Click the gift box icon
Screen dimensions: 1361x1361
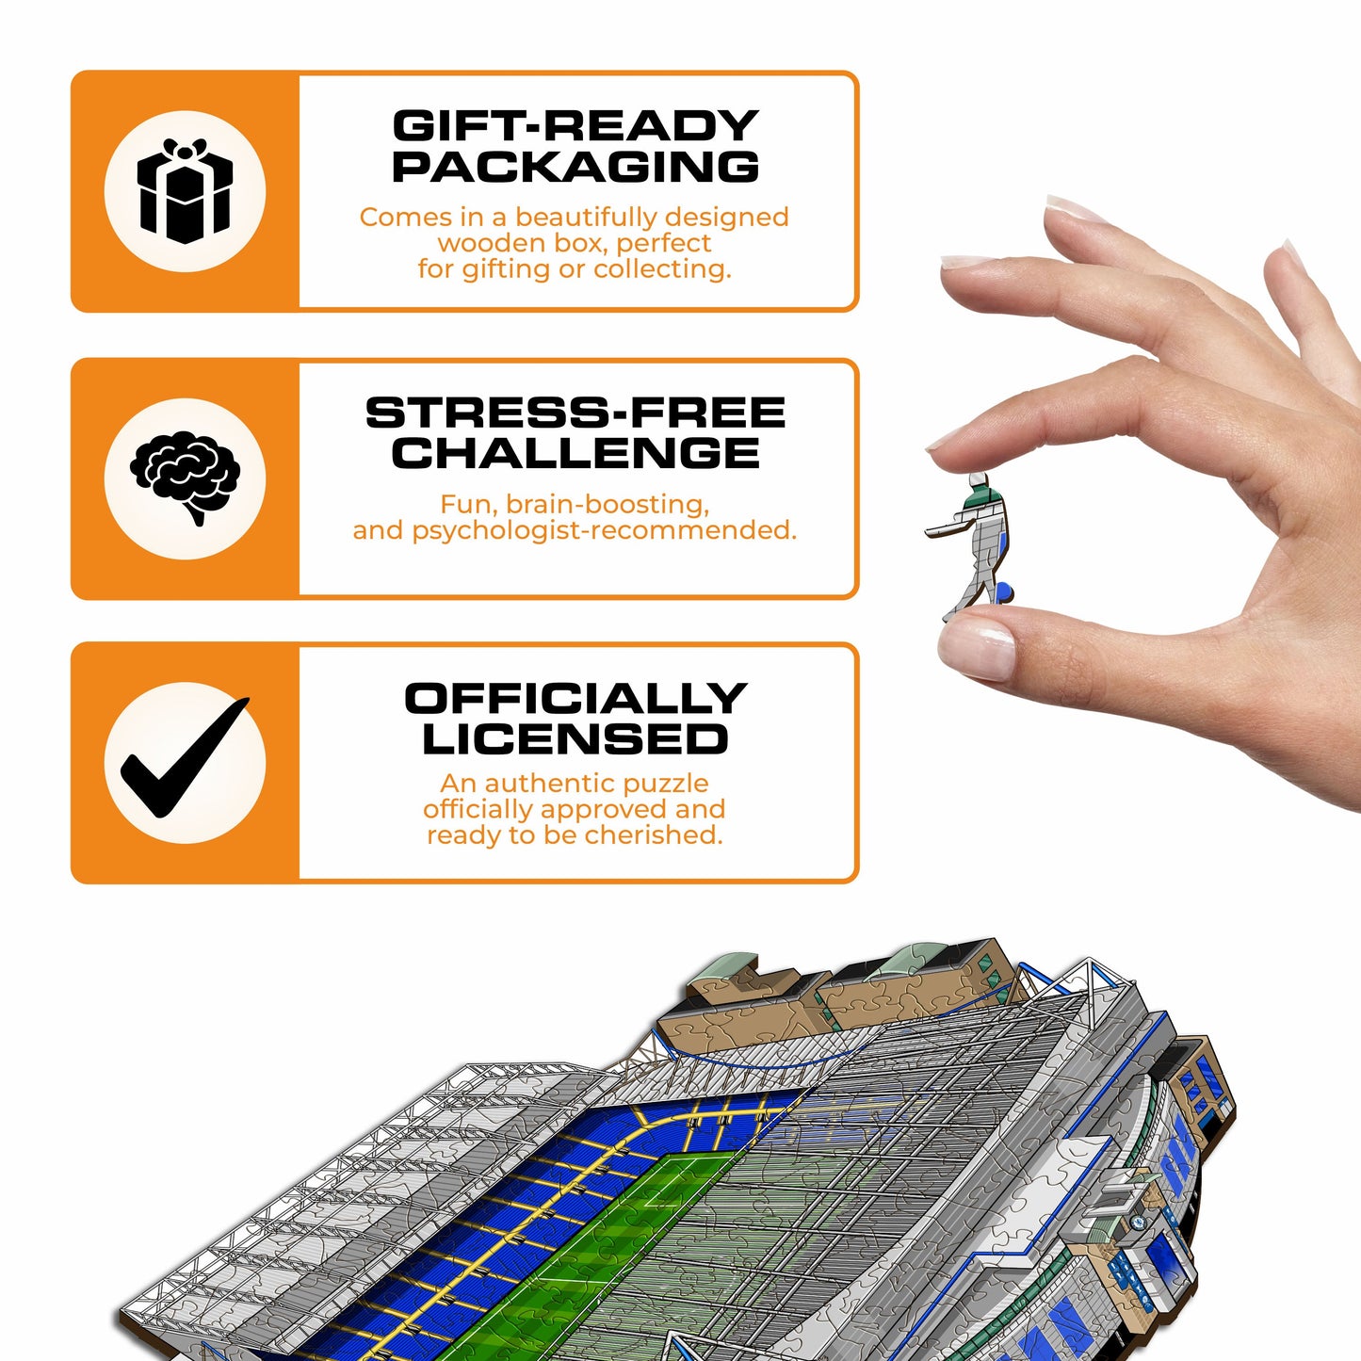coord(185,191)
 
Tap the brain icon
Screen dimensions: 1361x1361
coord(186,477)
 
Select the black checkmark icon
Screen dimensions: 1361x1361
coord(185,762)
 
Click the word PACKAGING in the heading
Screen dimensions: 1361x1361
coord(575,167)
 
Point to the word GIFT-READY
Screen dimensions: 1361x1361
coord(575,125)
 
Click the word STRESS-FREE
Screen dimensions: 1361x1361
coord(575,413)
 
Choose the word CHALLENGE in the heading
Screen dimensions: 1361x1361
coord(575,453)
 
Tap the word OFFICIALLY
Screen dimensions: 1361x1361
coord(575,699)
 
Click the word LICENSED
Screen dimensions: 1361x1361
coord(575,739)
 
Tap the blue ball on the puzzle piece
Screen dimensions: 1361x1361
coord(1005,592)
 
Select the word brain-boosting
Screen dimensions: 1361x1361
coord(608,505)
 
